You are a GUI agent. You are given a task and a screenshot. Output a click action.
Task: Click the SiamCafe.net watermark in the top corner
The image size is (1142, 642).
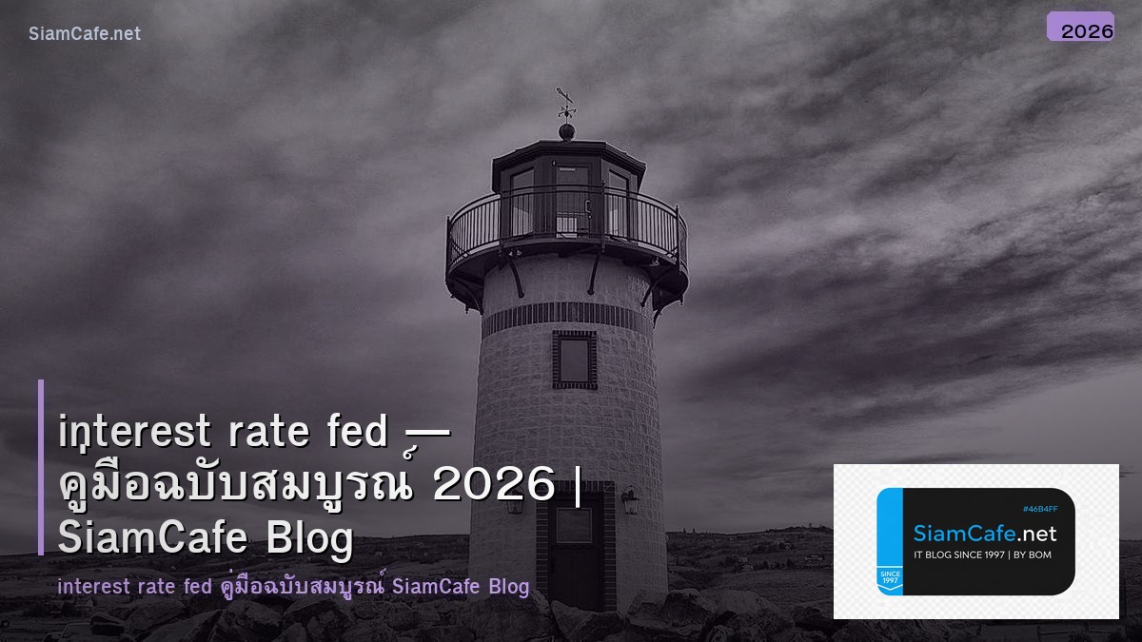[85, 33]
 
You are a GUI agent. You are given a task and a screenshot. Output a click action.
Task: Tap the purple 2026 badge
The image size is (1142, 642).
[1080, 28]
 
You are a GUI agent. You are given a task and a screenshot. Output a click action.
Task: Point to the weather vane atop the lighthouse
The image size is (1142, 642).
[566, 103]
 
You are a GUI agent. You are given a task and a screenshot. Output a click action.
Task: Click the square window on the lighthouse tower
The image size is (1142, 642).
[574, 360]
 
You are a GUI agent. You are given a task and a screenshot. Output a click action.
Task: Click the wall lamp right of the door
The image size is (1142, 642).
[630, 500]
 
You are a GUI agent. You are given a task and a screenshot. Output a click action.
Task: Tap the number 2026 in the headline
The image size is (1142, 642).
[493, 485]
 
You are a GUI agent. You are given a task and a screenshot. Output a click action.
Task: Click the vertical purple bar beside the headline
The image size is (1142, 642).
[41, 466]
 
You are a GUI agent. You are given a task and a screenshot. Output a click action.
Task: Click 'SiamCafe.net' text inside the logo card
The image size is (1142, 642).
[985, 533]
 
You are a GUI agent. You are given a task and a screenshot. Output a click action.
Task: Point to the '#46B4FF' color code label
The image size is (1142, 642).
[1038, 509]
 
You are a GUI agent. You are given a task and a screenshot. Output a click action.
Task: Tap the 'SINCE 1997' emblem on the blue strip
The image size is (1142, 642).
[890, 577]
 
